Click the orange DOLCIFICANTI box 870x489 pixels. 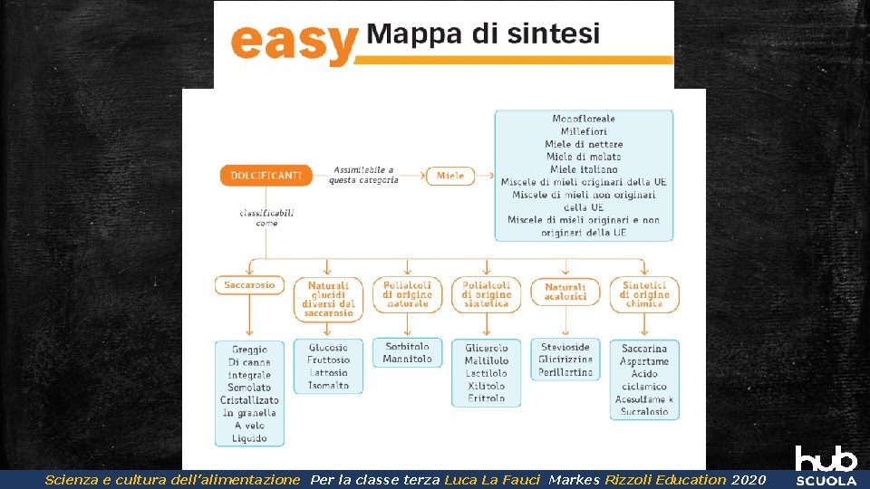pos(266,176)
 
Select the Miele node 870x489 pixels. pos(450,176)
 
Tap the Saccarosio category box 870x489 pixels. pos(249,285)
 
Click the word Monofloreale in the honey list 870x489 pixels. pos(584,119)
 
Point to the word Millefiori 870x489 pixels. pos(584,131)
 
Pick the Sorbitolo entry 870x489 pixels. pos(407,347)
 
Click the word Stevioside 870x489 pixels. pos(565,347)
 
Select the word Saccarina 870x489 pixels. pos(644,349)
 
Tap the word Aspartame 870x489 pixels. pos(644,361)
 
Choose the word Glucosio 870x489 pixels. pos(328,348)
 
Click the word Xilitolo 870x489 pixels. pos(487,386)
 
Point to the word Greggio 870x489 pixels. pos(249,350)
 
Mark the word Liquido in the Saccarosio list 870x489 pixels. pos(249,438)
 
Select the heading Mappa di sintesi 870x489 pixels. pos(483,34)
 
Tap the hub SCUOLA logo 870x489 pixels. pos(826,465)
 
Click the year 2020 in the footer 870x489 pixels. pos(749,480)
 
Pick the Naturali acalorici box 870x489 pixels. pos(565,292)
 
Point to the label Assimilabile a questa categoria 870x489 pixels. pos(363,175)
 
